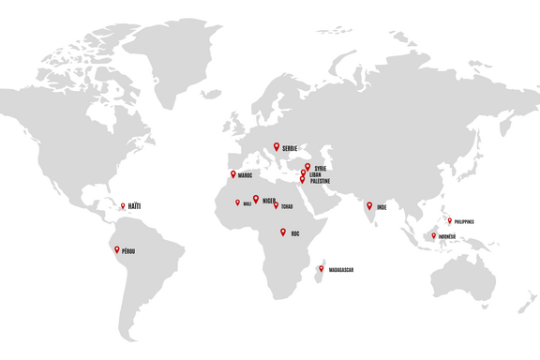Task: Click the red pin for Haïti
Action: click(x=122, y=205)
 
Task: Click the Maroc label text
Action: click(x=246, y=175)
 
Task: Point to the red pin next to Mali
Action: click(x=237, y=202)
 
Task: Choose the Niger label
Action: click(x=269, y=200)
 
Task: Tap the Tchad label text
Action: click(x=287, y=206)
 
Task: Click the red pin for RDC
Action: click(x=282, y=231)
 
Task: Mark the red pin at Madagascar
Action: click(x=322, y=268)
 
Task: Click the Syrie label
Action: click(x=321, y=168)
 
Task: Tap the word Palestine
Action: click(x=321, y=181)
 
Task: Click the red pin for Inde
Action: click(x=369, y=204)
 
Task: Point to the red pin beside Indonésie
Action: click(x=433, y=235)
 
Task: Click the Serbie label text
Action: click(x=290, y=148)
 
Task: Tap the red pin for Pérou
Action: click(x=116, y=249)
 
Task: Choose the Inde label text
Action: click(x=382, y=207)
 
